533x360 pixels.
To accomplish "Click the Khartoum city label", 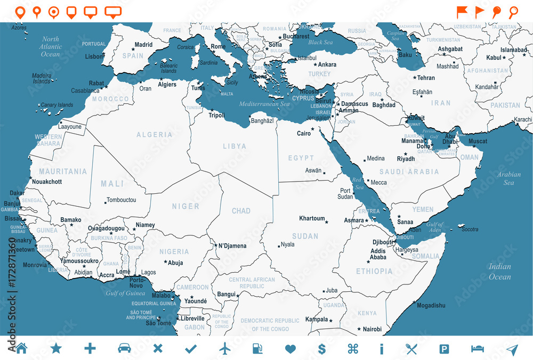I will [x=312, y=218].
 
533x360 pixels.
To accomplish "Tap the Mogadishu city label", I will [x=431, y=306].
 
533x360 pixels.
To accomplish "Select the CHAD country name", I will [x=241, y=211].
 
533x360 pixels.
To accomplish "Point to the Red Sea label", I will [x=357, y=184].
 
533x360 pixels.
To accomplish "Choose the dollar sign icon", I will [x=322, y=349].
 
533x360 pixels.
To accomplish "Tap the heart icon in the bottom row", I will [x=290, y=349].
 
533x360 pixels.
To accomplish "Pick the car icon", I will [x=124, y=349].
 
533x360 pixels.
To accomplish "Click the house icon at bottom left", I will [x=21, y=349].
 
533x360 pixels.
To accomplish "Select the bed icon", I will [x=478, y=349].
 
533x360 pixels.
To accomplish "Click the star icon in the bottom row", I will [x=56, y=349].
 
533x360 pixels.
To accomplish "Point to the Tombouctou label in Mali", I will [x=122, y=200].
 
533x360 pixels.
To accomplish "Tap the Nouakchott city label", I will [x=47, y=182].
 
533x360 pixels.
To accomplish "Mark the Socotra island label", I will [x=470, y=230].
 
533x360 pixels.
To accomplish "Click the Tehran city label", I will [x=426, y=78].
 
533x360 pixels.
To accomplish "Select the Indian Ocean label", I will [x=499, y=272].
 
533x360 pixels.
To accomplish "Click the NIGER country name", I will [x=185, y=206].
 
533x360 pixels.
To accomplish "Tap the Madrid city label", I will [x=143, y=45].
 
